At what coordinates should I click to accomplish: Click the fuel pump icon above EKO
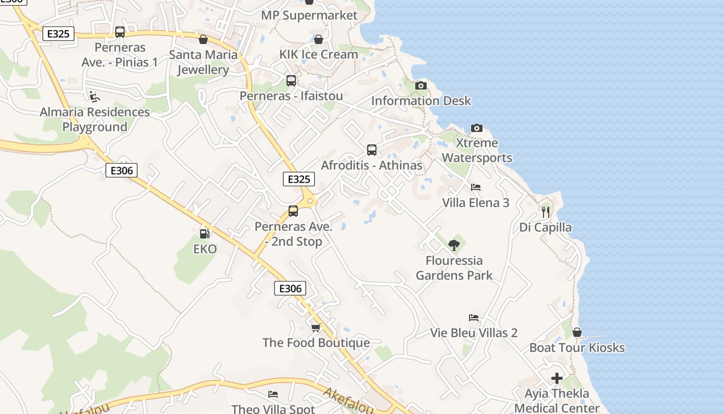[x=204, y=234]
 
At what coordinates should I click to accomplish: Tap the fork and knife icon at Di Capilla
[x=546, y=212]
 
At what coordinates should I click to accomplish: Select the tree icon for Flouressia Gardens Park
[x=454, y=245]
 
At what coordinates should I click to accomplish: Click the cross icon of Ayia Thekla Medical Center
[x=557, y=378]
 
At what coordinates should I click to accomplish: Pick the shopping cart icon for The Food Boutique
[x=315, y=328]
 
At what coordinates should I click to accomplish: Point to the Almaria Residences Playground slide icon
[x=95, y=97]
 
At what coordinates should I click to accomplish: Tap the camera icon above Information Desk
[x=421, y=85]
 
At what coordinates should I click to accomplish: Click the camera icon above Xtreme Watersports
[x=476, y=128]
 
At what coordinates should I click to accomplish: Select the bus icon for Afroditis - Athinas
[x=371, y=150]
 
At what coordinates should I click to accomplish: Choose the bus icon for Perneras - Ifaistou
[x=291, y=81]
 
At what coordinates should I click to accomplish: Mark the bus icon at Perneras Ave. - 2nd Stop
[x=293, y=211]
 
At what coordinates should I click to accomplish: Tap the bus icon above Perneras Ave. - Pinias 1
[x=120, y=32]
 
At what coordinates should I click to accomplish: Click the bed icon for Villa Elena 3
[x=475, y=187]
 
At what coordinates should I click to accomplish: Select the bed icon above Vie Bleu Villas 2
[x=474, y=318]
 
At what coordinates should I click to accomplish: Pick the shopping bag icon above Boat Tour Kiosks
[x=577, y=332]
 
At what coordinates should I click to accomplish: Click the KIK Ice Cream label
[x=319, y=54]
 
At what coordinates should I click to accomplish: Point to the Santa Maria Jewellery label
[x=203, y=62]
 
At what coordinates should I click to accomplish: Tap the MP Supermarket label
[x=309, y=16]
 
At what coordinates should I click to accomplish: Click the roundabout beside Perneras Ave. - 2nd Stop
[x=310, y=201]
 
